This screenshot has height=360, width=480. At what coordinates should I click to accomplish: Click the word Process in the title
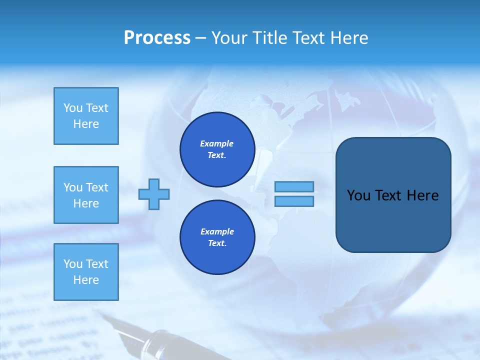point(157,38)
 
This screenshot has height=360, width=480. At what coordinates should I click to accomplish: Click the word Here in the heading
point(348,38)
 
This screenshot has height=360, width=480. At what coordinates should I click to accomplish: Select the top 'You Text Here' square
point(86,116)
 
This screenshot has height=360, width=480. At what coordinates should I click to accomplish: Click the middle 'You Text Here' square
point(86,195)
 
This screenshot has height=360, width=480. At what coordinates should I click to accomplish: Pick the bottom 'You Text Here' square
point(86,272)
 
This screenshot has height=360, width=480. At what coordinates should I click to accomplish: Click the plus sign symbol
point(154,193)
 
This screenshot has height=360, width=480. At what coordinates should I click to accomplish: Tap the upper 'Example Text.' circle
point(217,149)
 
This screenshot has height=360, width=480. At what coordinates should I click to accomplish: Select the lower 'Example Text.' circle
point(217,237)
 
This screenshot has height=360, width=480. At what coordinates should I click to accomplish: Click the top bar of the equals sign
point(294,187)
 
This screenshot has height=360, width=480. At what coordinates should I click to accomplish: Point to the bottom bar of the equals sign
point(294,201)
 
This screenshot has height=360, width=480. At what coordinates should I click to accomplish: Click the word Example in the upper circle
point(217,143)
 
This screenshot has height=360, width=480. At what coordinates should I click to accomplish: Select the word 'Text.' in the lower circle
point(217,243)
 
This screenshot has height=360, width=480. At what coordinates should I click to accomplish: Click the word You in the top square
point(72,108)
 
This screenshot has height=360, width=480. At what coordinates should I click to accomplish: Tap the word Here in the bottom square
point(86,280)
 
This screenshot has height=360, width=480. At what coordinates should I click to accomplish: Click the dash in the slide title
point(201,38)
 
